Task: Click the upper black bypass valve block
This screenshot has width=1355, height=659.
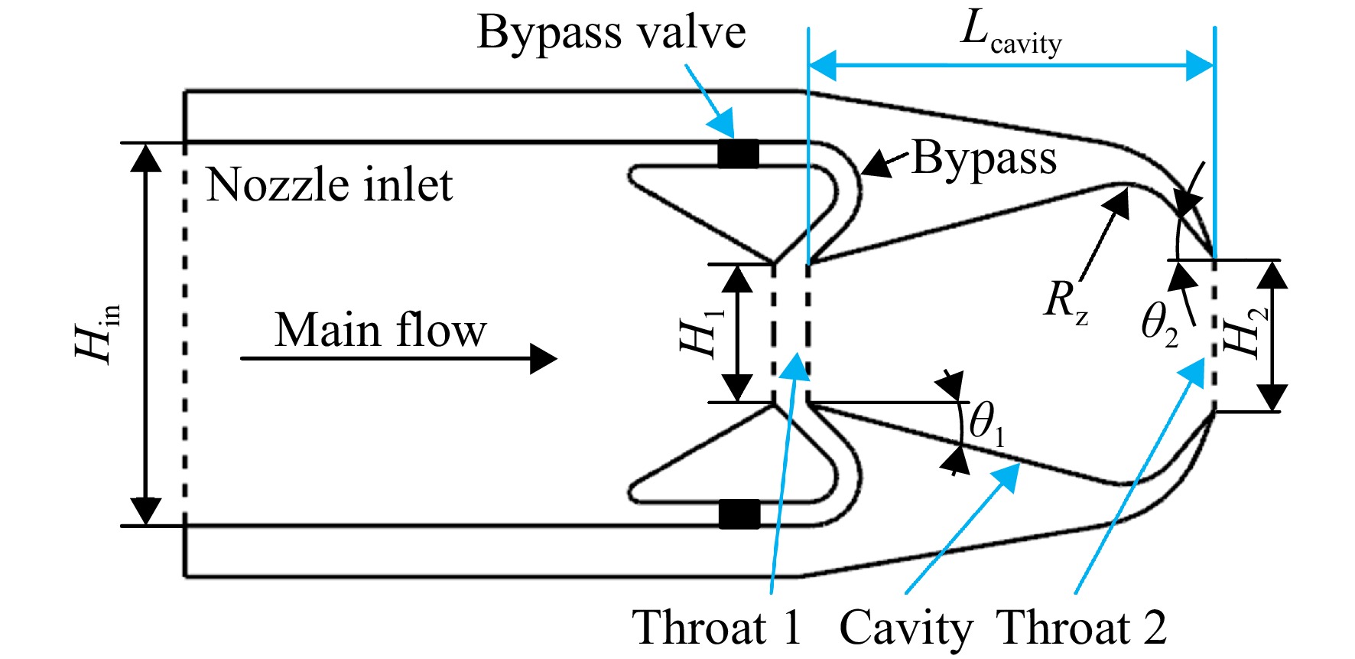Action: (738, 154)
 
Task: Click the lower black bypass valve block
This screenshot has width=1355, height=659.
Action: (739, 514)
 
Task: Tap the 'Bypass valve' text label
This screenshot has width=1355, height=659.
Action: (611, 34)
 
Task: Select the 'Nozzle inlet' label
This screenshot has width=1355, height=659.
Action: (330, 185)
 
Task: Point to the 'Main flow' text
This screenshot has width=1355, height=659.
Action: (380, 330)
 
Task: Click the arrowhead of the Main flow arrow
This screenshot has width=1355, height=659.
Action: (544, 358)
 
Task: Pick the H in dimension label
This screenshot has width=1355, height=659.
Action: (98, 333)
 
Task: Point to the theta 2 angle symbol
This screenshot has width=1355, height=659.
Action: (1159, 325)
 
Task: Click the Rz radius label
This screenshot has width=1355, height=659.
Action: (1065, 301)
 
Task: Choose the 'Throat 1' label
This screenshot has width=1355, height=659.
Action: (716, 628)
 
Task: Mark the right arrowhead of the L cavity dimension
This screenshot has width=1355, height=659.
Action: (1200, 66)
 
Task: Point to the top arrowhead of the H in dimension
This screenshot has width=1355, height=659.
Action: (146, 157)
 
